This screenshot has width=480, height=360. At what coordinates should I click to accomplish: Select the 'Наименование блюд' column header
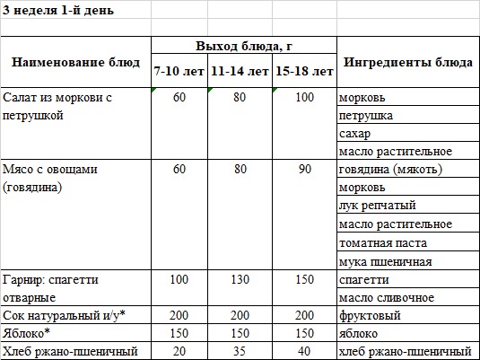(75, 62)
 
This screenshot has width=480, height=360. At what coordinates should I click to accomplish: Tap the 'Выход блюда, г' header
(243, 46)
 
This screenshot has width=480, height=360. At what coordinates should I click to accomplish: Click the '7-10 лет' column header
(179, 70)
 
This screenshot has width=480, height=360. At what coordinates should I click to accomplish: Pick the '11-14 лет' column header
(239, 70)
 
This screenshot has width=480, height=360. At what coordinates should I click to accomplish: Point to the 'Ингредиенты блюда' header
(408, 62)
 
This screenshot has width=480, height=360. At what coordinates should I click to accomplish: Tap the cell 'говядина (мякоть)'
(391, 169)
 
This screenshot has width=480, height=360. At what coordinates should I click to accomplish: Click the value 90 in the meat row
(305, 169)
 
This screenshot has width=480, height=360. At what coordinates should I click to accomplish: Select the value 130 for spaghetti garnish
(239, 280)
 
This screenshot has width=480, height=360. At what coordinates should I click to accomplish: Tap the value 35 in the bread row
(239, 350)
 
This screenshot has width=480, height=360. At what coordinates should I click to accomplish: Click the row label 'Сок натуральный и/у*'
(63, 316)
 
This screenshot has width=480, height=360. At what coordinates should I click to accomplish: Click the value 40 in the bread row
(305, 350)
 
